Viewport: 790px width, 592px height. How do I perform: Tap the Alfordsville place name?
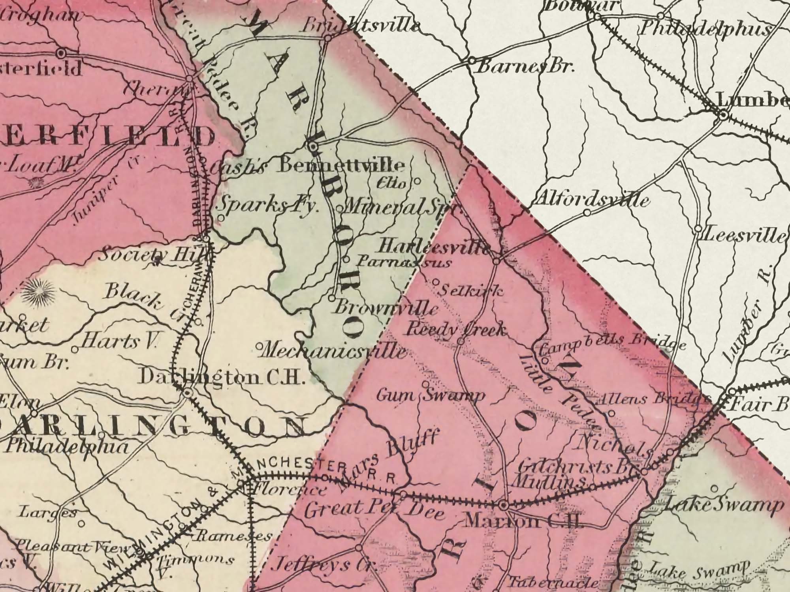pos(590,199)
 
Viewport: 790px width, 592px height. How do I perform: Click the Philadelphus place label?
pos(705,29)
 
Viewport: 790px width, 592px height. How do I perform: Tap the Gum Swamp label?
pos(431,395)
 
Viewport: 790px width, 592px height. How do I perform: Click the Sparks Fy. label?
pos(269,206)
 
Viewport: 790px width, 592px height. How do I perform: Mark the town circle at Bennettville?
pos(313,147)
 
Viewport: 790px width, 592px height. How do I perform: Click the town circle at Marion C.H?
pos(503,505)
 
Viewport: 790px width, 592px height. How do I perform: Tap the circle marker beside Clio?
pos(417,182)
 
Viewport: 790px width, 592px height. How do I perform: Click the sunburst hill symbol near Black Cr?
pos(38,292)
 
